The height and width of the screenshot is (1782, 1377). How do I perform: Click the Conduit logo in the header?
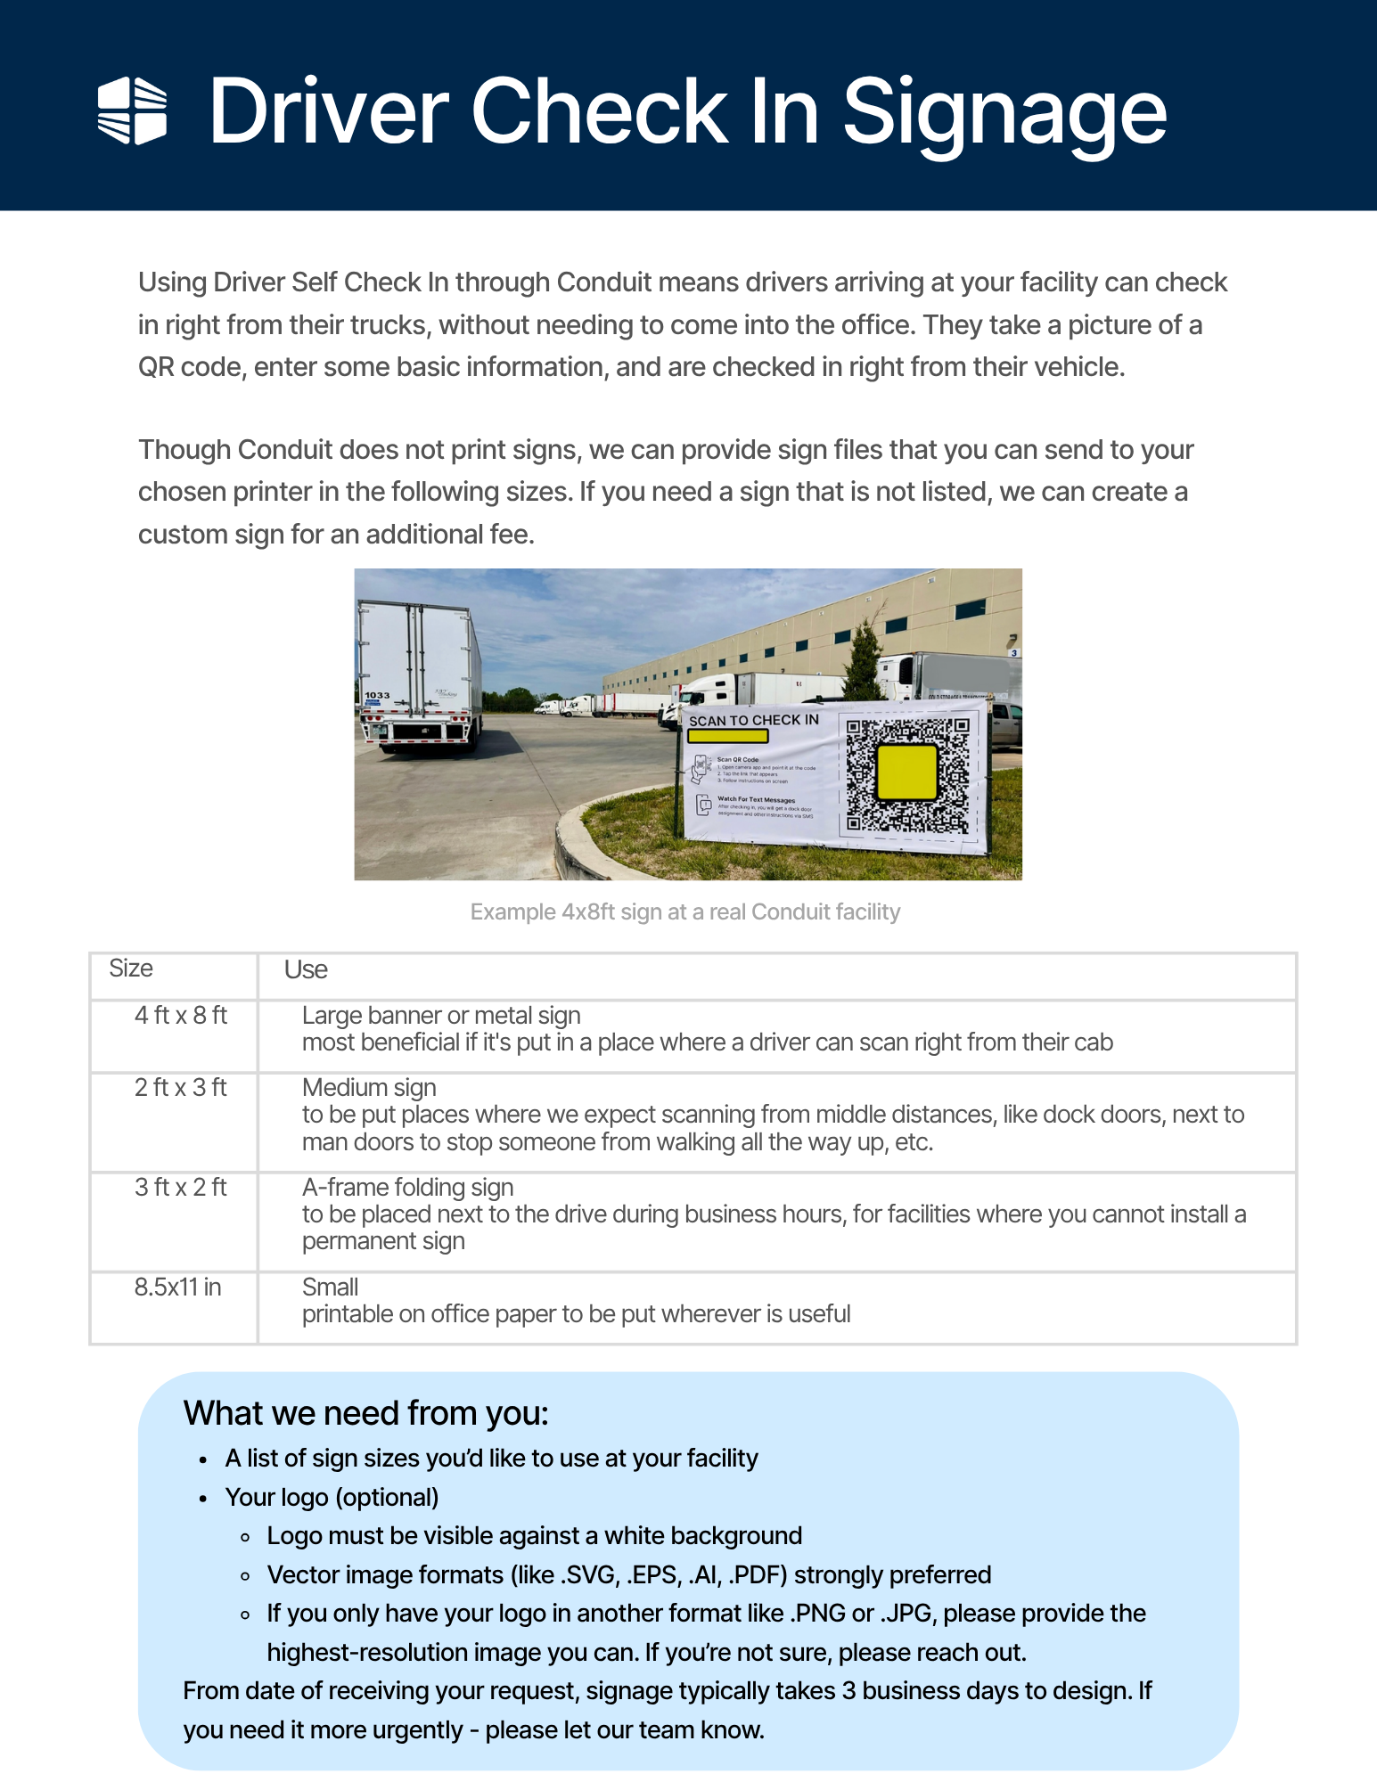click(132, 110)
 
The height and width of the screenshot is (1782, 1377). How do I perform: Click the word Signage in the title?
click(1004, 112)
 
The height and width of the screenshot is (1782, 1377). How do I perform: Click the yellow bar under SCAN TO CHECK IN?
click(727, 736)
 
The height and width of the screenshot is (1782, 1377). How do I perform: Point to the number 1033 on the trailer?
click(377, 695)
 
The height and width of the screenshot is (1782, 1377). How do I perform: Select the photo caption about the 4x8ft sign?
click(684, 911)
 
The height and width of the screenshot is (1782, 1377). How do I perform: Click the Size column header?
click(131, 969)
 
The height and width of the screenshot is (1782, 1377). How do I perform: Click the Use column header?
click(306, 969)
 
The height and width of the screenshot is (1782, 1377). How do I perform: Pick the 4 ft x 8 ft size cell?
click(181, 1016)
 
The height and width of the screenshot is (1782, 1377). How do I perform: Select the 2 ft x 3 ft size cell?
click(181, 1088)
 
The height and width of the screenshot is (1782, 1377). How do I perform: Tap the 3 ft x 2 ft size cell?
click(181, 1188)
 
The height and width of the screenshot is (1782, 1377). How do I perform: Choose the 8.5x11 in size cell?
click(177, 1287)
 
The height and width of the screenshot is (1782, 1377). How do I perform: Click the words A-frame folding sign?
click(407, 1188)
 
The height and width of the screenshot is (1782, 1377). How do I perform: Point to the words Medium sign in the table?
click(369, 1088)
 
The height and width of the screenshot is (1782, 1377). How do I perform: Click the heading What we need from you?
click(365, 1414)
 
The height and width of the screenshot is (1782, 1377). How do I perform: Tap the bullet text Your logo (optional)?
click(332, 1498)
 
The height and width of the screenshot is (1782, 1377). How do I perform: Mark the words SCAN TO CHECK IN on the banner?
click(753, 720)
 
